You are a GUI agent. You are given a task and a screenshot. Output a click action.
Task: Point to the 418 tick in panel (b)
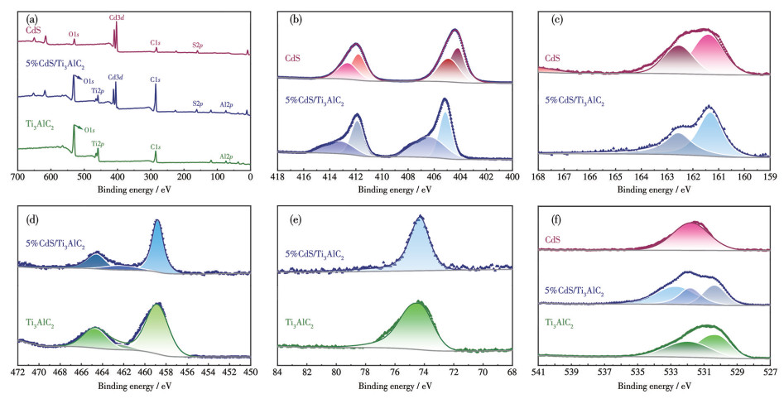click(x=278, y=176)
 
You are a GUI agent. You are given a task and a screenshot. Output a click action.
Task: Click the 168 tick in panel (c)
click(x=539, y=176)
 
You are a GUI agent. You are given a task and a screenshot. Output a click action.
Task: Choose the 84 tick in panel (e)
click(x=278, y=373)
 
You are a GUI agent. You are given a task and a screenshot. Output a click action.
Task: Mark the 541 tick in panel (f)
click(x=539, y=373)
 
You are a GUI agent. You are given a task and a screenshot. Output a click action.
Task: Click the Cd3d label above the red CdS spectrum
click(x=117, y=17)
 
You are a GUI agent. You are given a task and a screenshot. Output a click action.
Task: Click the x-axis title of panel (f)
click(x=654, y=386)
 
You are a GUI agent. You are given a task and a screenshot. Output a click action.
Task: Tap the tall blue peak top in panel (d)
click(x=157, y=221)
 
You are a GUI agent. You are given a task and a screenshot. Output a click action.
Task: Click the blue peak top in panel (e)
click(x=421, y=217)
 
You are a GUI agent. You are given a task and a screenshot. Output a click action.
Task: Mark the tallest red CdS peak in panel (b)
click(x=455, y=30)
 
